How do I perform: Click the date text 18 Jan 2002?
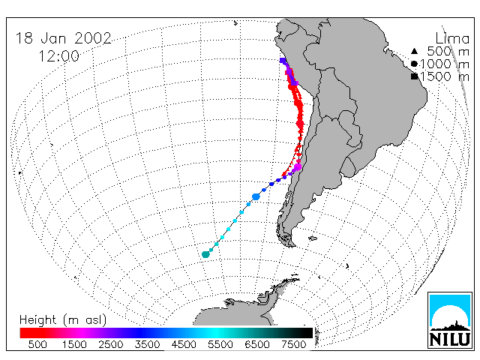(64, 38)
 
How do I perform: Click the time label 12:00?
(58, 56)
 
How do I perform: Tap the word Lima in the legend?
(452, 39)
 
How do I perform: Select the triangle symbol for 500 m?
(414, 51)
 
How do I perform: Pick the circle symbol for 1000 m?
(414, 64)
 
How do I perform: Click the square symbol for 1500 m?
(414, 76)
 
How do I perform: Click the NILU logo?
(450, 320)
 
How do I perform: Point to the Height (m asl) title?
(63, 320)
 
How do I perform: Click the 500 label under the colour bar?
(37, 344)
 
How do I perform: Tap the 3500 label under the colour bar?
(147, 344)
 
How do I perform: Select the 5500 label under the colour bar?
(220, 344)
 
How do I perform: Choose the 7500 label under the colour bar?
(293, 344)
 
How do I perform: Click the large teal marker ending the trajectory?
(205, 254)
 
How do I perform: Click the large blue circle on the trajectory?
(256, 196)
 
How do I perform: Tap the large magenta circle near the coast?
(298, 167)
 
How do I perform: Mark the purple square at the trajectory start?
(283, 61)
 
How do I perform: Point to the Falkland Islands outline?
(313, 238)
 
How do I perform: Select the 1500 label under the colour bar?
(74, 344)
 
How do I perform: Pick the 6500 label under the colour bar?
(257, 344)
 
